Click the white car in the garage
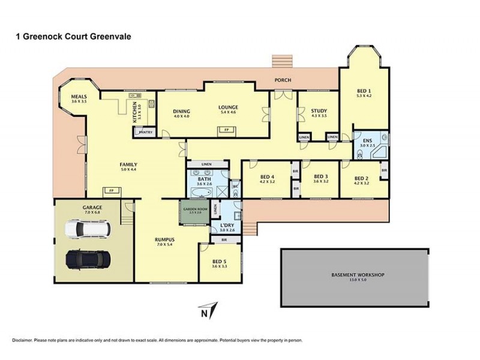coord(88,229)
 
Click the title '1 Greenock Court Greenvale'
coord(73,36)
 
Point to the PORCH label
coord(283,80)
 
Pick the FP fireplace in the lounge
coord(226,130)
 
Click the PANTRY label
coord(147,132)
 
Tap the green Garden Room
coord(193,212)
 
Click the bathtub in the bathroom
coord(200,193)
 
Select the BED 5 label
coord(220,260)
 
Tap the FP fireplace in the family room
coord(111,191)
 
